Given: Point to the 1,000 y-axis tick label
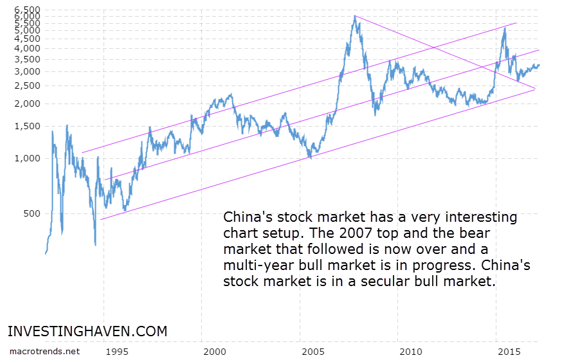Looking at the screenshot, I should [26, 158].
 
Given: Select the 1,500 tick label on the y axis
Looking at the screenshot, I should [26, 126].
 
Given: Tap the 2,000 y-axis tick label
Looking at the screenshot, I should [26, 104].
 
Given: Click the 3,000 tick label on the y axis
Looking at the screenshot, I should [26, 71].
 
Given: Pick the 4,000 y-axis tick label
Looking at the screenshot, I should [26, 48].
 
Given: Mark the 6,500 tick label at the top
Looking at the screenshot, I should [26, 10].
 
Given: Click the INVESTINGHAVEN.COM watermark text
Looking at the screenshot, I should [87, 332].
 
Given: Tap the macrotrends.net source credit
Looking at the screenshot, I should [45, 351].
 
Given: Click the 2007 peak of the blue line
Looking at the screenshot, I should [354, 16].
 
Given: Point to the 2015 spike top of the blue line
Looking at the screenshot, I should [504, 28].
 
